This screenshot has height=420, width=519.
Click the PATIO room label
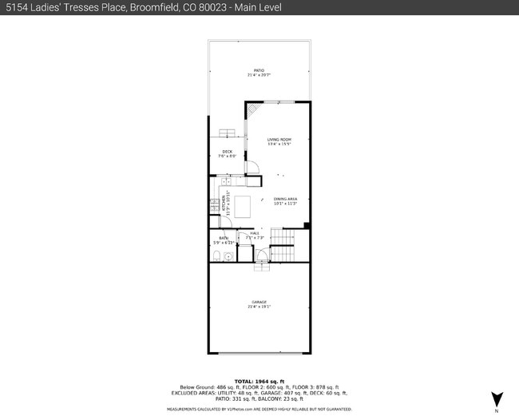click(x=259, y=70)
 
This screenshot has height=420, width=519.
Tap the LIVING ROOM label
click(x=279, y=139)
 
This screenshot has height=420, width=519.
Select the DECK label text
click(x=228, y=151)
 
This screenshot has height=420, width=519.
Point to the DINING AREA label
click(x=285, y=199)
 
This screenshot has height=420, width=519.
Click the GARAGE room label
click(x=259, y=301)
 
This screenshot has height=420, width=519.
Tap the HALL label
click(x=255, y=233)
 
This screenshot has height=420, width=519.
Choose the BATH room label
click(x=224, y=238)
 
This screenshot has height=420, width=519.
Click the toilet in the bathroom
click(x=217, y=256)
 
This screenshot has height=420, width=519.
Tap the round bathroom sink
click(x=228, y=256)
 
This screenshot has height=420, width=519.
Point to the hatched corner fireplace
click(x=251, y=109)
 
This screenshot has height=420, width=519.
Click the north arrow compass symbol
click(x=498, y=399)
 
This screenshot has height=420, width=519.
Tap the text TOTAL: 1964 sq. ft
click(x=259, y=382)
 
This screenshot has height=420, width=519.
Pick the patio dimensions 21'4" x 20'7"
click(x=259, y=75)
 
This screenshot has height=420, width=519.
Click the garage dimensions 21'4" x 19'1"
click(x=259, y=306)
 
